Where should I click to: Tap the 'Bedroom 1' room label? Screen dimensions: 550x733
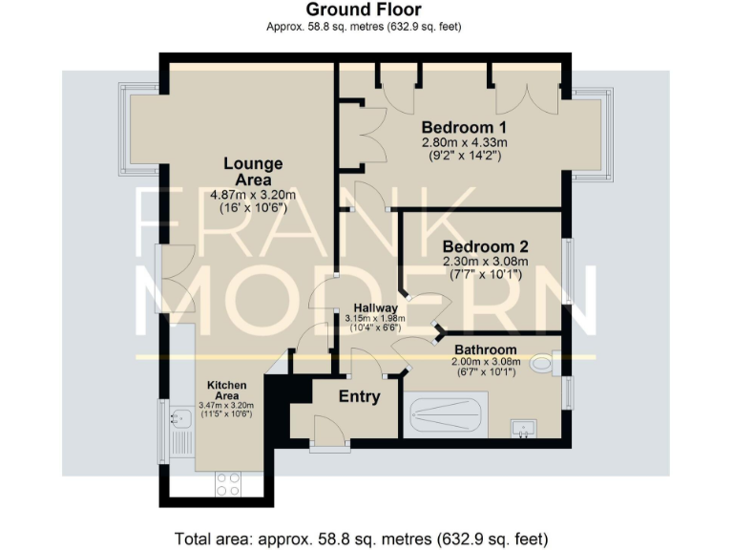[463, 127]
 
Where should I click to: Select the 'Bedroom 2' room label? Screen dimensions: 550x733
[485, 246]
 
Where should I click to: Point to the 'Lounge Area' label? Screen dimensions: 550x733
[247, 171]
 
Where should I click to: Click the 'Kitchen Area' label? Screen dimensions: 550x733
[228, 390]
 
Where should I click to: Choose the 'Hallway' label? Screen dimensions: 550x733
[375, 307]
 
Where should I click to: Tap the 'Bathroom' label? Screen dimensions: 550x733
[485, 349]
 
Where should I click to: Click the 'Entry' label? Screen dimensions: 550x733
[359, 397]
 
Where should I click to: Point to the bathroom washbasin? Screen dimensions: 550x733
[523, 426]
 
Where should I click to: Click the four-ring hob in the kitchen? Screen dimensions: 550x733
[228, 483]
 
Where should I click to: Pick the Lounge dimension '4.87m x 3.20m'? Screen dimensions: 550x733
[247, 195]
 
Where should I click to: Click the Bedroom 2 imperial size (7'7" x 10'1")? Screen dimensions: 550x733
[485, 274]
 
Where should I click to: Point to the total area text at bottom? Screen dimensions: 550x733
[361, 538]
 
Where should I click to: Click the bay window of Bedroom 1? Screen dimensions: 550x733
[592, 134]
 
